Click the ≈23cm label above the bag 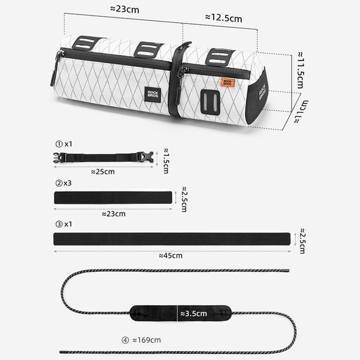tap(125, 9)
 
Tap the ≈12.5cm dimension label tap(224, 18)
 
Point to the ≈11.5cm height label tap(301, 70)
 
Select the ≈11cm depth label tap(301, 112)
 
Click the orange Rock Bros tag tap(227, 83)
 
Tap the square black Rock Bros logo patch tap(152, 94)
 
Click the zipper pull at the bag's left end tap(55, 69)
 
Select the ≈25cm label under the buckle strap tap(103, 172)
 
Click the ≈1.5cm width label tap(166, 161)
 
